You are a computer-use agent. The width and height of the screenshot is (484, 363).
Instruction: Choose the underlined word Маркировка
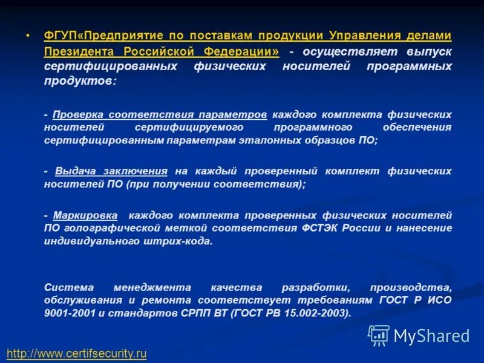pos(82,215)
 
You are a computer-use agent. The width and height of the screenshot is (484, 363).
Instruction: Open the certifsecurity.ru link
pos(77,353)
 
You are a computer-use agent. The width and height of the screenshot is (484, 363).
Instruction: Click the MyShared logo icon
pos(379,335)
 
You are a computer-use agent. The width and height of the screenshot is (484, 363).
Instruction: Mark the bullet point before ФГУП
pos(28,36)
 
